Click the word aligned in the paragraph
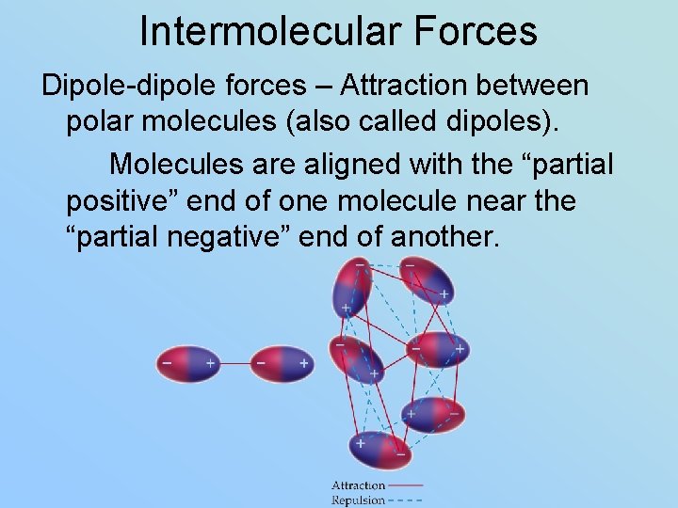[x=345, y=164]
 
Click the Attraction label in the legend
[x=359, y=485]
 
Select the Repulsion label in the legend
[x=359, y=500]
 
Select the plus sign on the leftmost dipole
[x=209, y=362]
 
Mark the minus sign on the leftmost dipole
[x=168, y=362]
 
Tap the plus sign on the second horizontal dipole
[x=303, y=362]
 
